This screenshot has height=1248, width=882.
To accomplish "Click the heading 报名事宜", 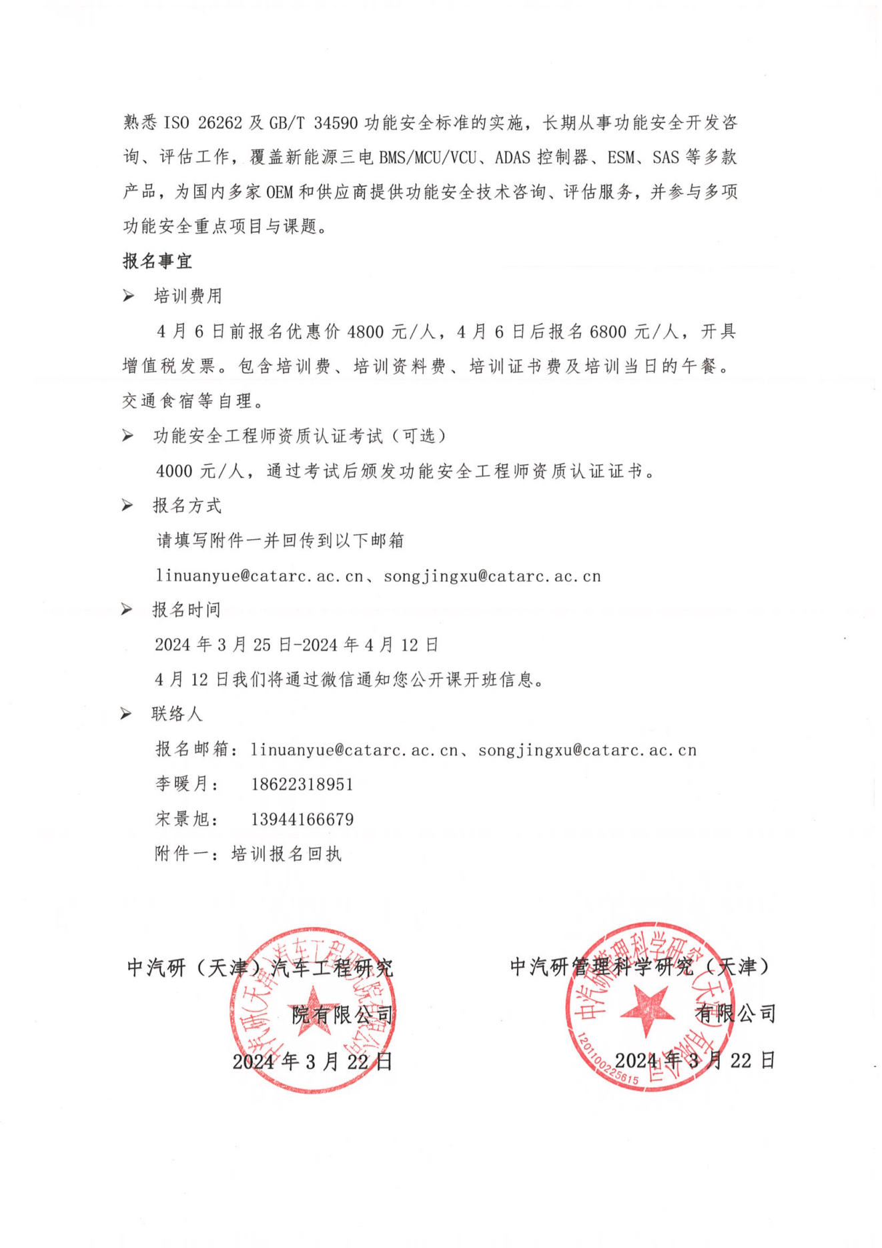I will coord(157,261).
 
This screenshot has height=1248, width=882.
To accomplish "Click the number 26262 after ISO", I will coord(219,123).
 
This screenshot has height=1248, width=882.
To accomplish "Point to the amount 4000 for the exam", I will coord(174,471).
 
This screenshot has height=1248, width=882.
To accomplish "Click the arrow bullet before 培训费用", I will coord(128,296).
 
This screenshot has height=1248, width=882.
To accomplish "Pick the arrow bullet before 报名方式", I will coord(128,505).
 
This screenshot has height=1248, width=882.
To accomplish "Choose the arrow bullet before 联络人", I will coord(126,714).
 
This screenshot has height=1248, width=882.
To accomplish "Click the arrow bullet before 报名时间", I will coord(127,609).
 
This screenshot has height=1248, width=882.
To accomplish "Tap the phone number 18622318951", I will coord(302,784).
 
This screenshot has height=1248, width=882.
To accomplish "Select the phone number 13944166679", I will coord(302,819).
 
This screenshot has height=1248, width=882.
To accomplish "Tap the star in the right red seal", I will coord(647,1008).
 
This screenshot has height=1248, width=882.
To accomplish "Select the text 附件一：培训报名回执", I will coord(248,854).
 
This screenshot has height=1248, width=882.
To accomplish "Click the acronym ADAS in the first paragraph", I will coord(512,158).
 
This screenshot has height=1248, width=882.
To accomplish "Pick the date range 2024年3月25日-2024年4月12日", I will coord(297,645).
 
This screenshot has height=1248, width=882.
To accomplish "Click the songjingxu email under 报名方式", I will coord(492,576).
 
